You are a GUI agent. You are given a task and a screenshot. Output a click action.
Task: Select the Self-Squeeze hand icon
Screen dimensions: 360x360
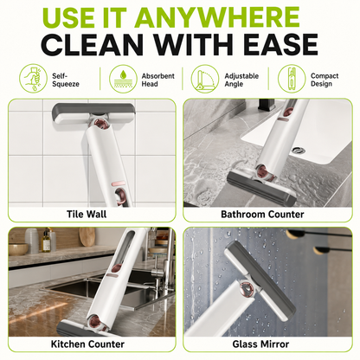pos(33,78)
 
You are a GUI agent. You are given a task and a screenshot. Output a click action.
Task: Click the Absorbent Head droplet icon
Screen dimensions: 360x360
pos(123,79)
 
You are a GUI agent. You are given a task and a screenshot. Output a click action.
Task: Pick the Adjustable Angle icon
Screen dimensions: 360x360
pos(205,79)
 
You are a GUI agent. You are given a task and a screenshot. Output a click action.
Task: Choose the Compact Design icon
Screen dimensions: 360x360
pos(292,79)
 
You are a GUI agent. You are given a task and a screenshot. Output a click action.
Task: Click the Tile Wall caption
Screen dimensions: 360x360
pos(87,215)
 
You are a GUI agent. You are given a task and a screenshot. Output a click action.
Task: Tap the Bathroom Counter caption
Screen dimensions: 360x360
pos(262,215)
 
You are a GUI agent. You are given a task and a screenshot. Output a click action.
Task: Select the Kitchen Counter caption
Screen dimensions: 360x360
pos(87,344)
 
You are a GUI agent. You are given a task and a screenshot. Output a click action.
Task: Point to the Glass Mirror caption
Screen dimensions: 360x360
pos(260,344)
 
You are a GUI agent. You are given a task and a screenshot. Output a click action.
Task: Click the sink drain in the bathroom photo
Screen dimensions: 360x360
pos(298,150)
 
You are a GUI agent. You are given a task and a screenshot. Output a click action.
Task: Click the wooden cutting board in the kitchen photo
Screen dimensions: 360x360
pos(87,236)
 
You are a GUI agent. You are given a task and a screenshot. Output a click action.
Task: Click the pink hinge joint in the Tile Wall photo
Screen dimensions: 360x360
pos(102,125)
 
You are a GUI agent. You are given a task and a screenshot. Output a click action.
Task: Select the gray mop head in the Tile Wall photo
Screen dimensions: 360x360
pos(93,114)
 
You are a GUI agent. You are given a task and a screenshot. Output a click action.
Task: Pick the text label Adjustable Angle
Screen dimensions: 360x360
pos(241,80)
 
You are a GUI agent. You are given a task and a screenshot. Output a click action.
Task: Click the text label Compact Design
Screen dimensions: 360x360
pos(325,80)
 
